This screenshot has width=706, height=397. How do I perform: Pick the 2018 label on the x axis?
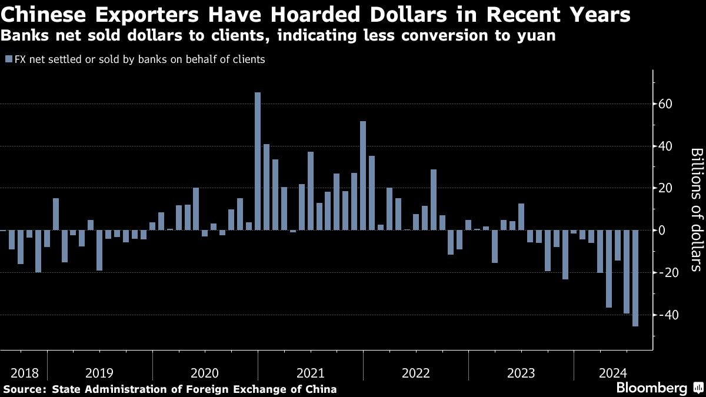[24, 373]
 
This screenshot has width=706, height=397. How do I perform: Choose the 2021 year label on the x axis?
[311, 373]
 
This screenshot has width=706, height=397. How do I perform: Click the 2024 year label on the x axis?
[612, 373]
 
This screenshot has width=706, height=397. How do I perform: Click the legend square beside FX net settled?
[8, 59]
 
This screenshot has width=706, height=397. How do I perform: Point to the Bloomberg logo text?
[651, 388]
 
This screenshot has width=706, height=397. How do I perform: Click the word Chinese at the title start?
[44, 15]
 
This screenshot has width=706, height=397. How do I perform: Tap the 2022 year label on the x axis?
[416, 373]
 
